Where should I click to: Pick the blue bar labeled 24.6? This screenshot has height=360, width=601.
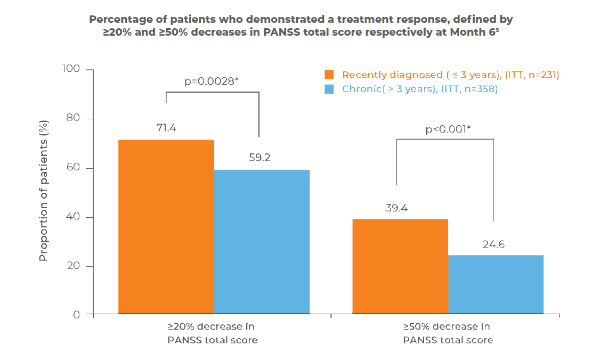click(x=496, y=284)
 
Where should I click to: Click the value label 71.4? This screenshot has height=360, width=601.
click(x=165, y=128)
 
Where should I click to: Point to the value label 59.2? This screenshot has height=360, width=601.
click(x=261, y=158)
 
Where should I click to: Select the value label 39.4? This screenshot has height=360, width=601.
click(x=397, y=208)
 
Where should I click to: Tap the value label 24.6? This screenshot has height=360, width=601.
click(x=493, y=244)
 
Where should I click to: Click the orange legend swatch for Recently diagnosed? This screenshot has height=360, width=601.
click(x=329, y=75)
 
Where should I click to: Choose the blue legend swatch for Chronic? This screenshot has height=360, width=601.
click(x=329, y=89)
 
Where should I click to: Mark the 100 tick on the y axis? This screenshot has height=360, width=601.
click(x=72, y=69)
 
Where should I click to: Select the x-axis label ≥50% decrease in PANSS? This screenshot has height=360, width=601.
click(x=448, y=333)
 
